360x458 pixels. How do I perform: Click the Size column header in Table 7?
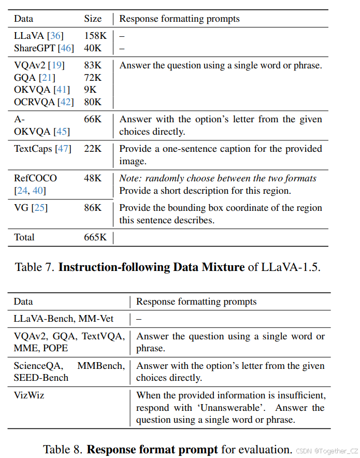pyautogui.click(x=93, y=19)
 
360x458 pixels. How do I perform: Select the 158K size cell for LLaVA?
pyautogui.click(x=95, y=36)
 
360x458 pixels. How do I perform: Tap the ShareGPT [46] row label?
pyautogui.click(x=44, y=48)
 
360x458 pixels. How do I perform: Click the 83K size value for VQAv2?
pyautogui.click(x=93, y=65)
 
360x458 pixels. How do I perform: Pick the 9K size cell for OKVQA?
pyautogui.click(x=90, y=90)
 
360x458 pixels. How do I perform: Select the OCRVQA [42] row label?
pyautogui.click(x=44, y=102)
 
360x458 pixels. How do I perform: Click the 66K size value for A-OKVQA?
pyautogui.click(x=93, y=119)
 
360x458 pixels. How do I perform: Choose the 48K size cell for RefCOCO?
pyautogui.click(x=93, y=178)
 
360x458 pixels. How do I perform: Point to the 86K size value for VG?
pyautogui.click(x=93, y=208)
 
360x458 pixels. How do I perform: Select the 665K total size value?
pyautogui.click(x=95, y=237)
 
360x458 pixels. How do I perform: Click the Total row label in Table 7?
pyautogui.click(x=24, y=237)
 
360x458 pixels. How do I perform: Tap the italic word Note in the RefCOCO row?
pyautogui.click(x=130, y=178)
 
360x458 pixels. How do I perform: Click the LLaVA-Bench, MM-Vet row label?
pyautogui.click(x=64, y=319)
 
